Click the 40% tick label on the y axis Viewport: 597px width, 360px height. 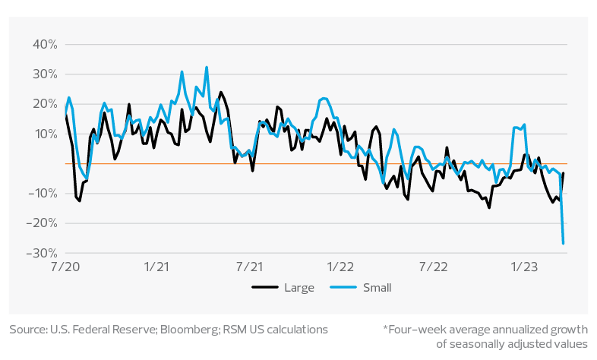point(46,45)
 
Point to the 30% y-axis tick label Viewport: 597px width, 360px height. point(46,74)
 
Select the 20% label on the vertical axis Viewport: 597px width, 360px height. point(46,104)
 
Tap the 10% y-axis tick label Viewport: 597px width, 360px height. point(46,134)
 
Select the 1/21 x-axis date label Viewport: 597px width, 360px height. point(156,267)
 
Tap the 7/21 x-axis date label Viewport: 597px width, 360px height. point(248,267)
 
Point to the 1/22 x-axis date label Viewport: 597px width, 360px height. point(340,267)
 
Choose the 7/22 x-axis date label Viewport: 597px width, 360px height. point(432,267)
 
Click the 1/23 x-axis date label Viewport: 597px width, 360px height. point(523,267)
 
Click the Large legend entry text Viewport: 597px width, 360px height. point(298,288)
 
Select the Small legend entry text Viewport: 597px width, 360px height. point(377,288)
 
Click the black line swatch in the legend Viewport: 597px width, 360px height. point(264,288)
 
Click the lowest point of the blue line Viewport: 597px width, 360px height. point(563,244)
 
